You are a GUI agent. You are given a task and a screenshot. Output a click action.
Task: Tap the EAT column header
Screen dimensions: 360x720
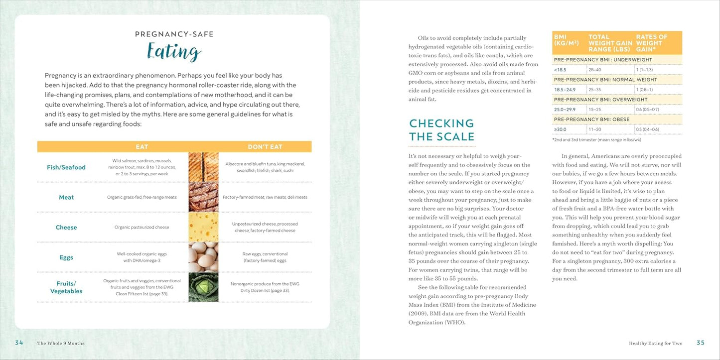point(142,147)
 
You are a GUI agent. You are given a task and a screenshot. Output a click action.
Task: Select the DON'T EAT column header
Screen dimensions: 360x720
point(265,147)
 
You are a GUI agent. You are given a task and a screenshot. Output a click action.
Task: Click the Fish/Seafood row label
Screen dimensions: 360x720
point(66,167)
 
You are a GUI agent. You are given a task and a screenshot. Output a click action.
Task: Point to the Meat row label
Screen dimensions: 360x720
point(66,197)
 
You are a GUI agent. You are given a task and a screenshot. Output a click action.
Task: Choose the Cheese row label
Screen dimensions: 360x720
point(66,228)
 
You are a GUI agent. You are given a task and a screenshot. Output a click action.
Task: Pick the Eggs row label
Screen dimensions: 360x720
point(66,257)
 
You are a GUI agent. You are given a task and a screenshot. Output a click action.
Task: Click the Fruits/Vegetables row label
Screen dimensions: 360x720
point(66,287)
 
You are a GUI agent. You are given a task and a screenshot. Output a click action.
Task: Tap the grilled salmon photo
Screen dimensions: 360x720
point(203,167)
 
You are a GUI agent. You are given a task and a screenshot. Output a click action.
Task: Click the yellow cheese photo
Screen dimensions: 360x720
point(203,227)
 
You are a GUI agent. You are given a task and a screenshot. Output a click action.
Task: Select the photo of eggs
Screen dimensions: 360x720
point(203,257)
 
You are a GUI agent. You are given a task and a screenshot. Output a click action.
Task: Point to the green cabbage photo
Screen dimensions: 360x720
point(203,287)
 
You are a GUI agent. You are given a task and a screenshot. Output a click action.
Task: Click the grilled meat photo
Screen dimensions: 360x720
point(203,197)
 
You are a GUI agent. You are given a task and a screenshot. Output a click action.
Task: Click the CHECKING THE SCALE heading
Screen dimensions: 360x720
point(441,130)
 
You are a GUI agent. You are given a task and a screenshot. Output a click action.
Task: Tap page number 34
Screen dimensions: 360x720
point(19,343)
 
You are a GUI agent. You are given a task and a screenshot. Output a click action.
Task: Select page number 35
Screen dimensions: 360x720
point(701,343)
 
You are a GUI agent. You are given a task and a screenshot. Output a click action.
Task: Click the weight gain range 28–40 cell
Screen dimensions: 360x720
point(595,70)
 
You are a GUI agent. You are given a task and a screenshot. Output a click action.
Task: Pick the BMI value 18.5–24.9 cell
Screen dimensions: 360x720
point(565,90)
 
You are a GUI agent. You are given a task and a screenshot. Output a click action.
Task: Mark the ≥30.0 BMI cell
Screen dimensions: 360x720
point(561,129)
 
